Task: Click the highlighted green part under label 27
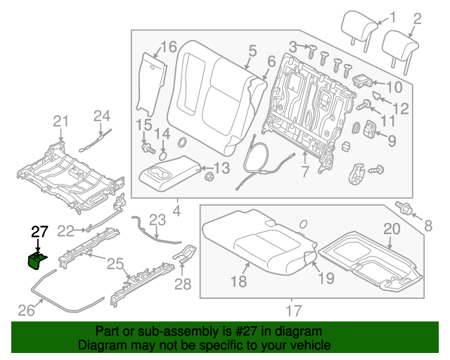pyautogui.click(x=36, y=262)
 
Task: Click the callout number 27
pyautogui.click(x=39, y=231)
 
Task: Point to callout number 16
pyautogui.click(x=168, y=47)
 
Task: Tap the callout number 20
pyautogui.click(x=391, y=229)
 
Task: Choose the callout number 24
pyautogui.click(x=103, y=115)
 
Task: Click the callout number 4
pyautogui.click(x=176, y=210)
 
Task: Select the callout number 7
pyautogui.click(x=304, y=171)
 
